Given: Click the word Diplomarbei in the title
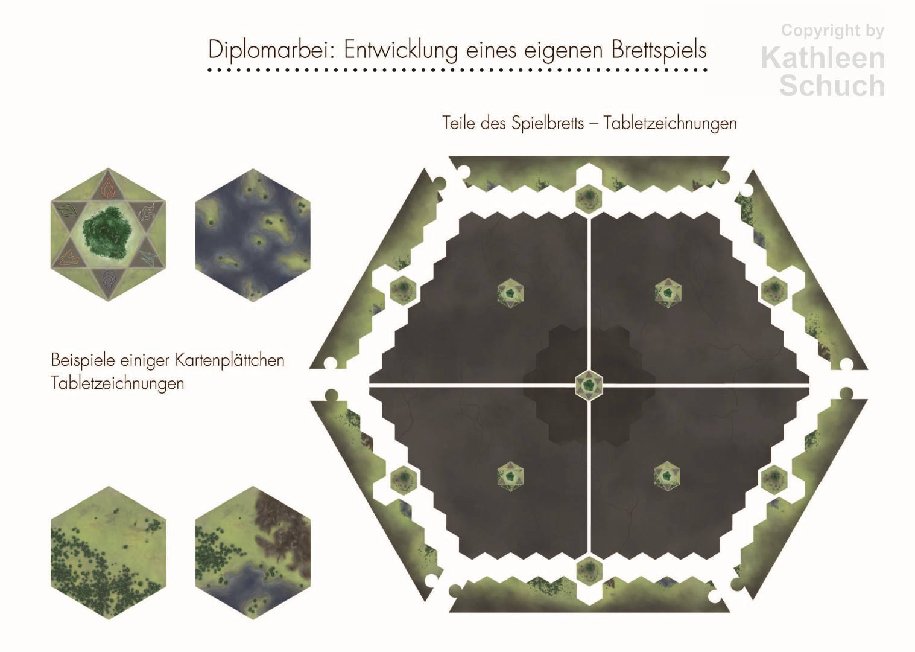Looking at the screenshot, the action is [272, 51].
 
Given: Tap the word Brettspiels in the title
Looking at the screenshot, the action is [659, 50].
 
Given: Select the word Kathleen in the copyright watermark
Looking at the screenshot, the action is [823, 58].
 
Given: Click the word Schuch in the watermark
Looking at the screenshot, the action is [832, 86].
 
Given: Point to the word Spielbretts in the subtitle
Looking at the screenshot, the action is [548, 123].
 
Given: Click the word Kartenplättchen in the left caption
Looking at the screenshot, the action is [230, 361].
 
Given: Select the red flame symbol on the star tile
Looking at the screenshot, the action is [109, 187].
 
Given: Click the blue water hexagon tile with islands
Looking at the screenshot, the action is [253, 235].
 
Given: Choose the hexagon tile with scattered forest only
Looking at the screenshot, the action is [108, 552].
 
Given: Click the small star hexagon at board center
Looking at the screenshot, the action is [589, 385].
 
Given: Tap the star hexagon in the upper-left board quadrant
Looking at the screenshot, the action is [511, 293].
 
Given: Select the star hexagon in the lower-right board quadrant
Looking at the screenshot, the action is [668, 476].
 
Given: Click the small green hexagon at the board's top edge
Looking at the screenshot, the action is [589, 198].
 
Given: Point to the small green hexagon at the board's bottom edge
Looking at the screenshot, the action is [589, 571].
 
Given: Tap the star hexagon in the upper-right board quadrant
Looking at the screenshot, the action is [668, 293].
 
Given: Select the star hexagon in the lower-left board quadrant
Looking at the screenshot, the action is [511, 476].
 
